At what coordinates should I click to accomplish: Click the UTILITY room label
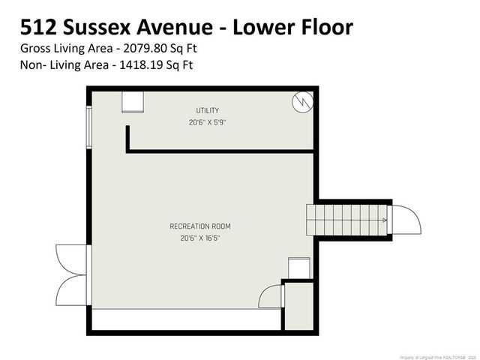[x=208, y=111]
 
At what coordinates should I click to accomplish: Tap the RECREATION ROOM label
[x=200, y=226]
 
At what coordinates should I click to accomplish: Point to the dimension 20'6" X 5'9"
[x=208, y=122]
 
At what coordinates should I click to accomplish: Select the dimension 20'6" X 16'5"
[x=200, y=238]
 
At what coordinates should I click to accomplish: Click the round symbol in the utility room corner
[x=301, y=102]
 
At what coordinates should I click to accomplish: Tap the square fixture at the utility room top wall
[x=133, y=102]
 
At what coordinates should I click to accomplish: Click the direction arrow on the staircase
[x=384, y=220]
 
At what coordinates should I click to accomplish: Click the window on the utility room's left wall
[x=90, y=132]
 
